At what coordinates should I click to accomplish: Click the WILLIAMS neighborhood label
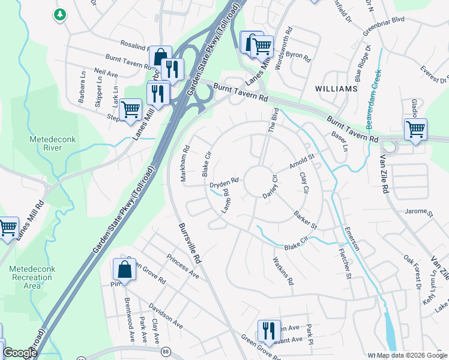(x=336, y=88)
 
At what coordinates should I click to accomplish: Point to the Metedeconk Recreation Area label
(x=31, y=277)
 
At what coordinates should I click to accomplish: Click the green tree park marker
(x=59, y=15)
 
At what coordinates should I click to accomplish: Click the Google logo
(x=20, y=353)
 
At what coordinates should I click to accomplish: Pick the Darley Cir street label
(x=271, y=187)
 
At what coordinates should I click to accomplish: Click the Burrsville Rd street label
(x=189, y=244)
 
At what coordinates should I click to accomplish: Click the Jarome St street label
(x=418, y=212)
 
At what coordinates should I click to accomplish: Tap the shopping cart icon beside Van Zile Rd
(x=415, y=129)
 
